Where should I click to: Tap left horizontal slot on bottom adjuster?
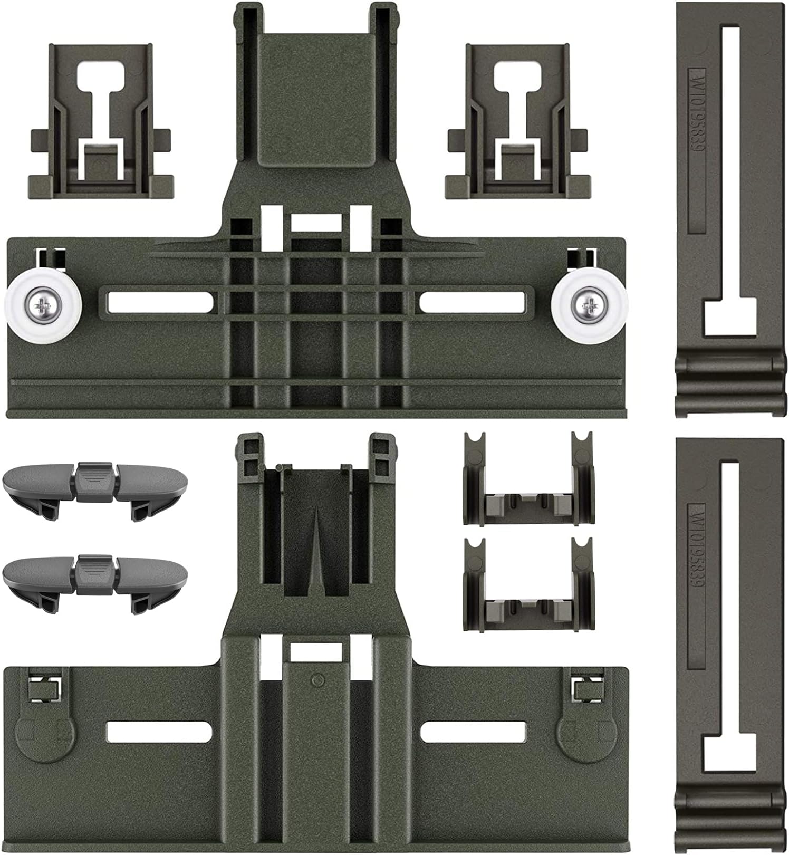coord(159,731)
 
